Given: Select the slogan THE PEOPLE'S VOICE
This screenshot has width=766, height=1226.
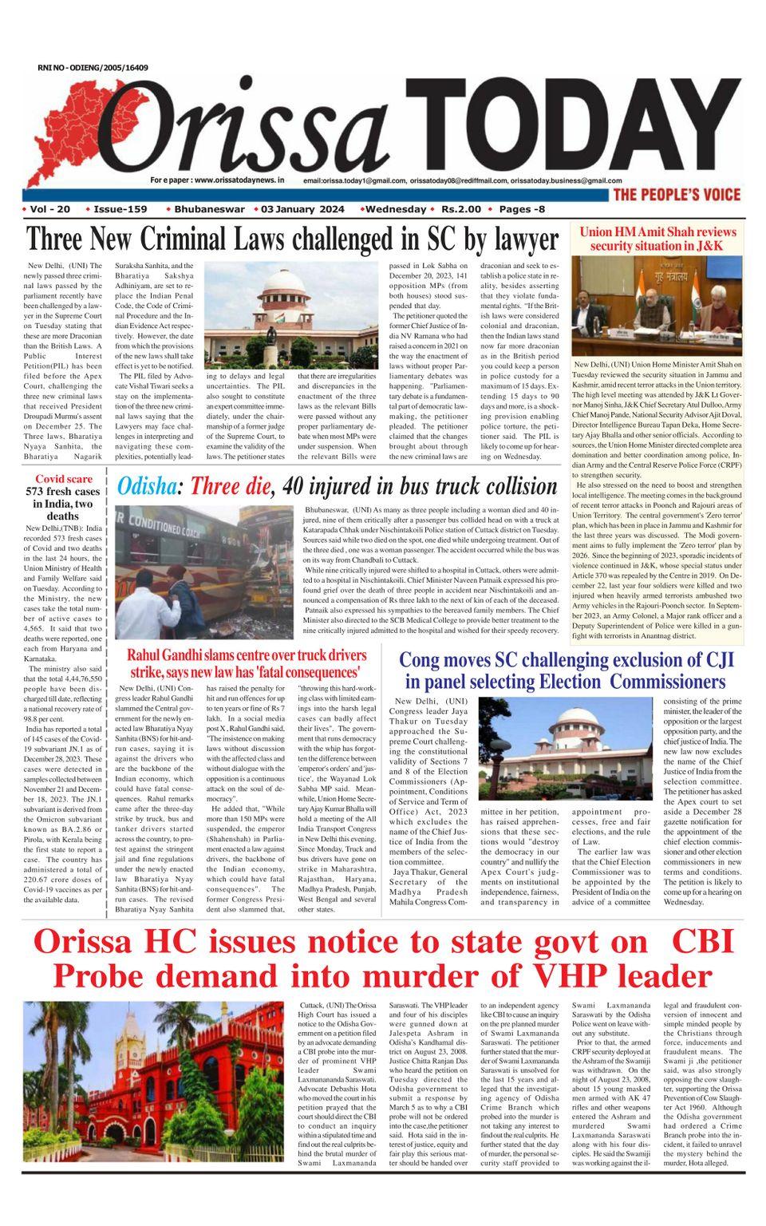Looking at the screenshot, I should [x=676, y=195].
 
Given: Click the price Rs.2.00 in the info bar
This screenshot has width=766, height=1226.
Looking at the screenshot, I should [x=460, y=209].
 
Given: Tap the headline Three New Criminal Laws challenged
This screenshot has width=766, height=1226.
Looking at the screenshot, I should [x=292, y=239].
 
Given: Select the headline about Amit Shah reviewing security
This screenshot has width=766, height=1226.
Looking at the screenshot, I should [x=657, y=238].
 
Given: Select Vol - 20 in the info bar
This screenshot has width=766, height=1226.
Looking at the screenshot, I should [x=49, y=209].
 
